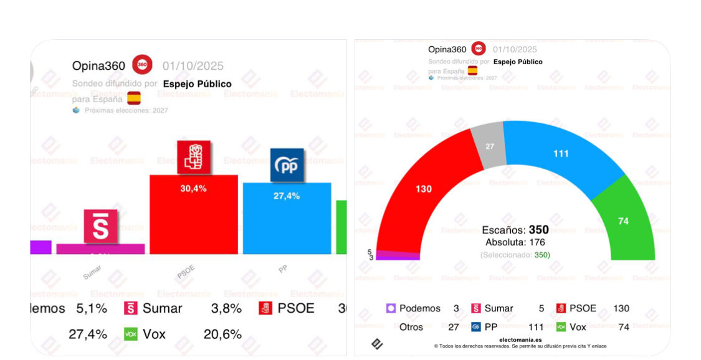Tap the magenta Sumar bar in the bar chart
pos(100,249)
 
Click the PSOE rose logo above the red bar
pos(194,157)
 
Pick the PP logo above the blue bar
pos(287,165)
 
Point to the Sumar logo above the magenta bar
pos(100,226)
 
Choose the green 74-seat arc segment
pos(623,221)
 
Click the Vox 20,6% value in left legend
pos(222,334)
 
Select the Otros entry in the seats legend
pos(411,327)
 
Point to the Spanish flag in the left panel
pos(134,98)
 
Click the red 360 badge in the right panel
pos(479,49)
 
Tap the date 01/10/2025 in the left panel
pos(193,66)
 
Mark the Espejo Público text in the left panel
pos(197,83)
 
